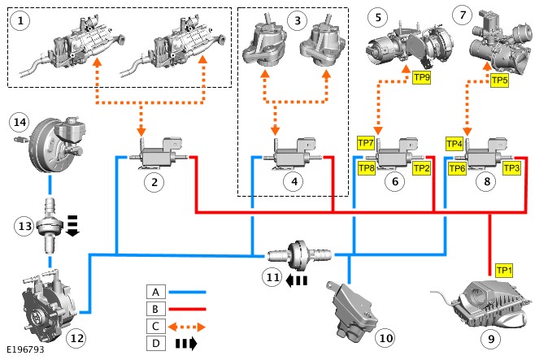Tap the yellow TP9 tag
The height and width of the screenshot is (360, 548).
point(421,79)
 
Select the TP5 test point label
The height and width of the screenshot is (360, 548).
point(499,80)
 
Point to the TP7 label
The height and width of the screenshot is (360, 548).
point(366,142)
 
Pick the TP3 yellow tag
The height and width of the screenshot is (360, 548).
point(511,168)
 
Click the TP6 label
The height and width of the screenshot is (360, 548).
point(457,168)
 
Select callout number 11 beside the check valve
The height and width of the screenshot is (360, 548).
point(272,277)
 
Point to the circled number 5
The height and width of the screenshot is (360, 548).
point(377,15)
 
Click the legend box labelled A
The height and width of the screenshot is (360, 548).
point(157,291)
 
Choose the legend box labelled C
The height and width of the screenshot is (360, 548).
point(157,327)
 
